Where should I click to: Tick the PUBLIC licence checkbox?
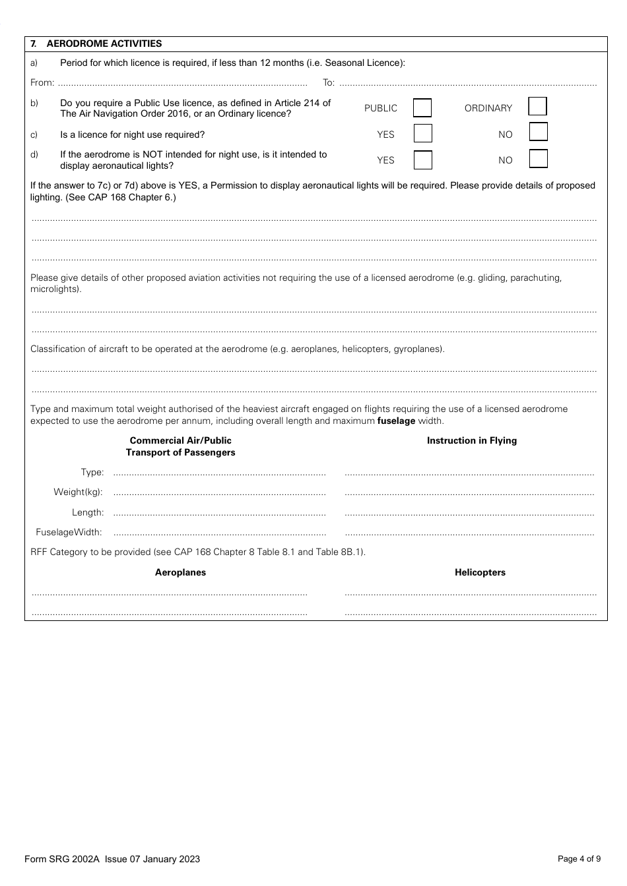422,108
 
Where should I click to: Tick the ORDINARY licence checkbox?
537,107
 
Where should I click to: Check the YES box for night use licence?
422,134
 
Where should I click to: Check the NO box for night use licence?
539,133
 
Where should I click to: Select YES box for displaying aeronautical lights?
422,160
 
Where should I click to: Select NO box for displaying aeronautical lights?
539,159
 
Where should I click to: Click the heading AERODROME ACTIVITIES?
104,44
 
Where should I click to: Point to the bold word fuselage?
396,421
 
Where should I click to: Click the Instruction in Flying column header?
471,440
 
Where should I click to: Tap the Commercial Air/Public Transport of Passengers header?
180,446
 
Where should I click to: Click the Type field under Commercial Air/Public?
219,473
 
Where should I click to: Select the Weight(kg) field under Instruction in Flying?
469,492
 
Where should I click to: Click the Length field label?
87,512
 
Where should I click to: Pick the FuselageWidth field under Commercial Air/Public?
219,533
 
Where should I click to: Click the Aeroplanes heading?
180,572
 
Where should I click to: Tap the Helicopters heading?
480,572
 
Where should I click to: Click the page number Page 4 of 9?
579,858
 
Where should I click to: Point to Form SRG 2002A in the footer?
61,858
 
